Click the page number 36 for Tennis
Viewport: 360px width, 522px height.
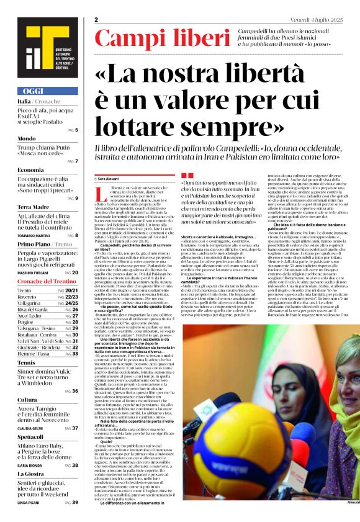point(75,391)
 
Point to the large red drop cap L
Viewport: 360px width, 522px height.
point(99,192)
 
